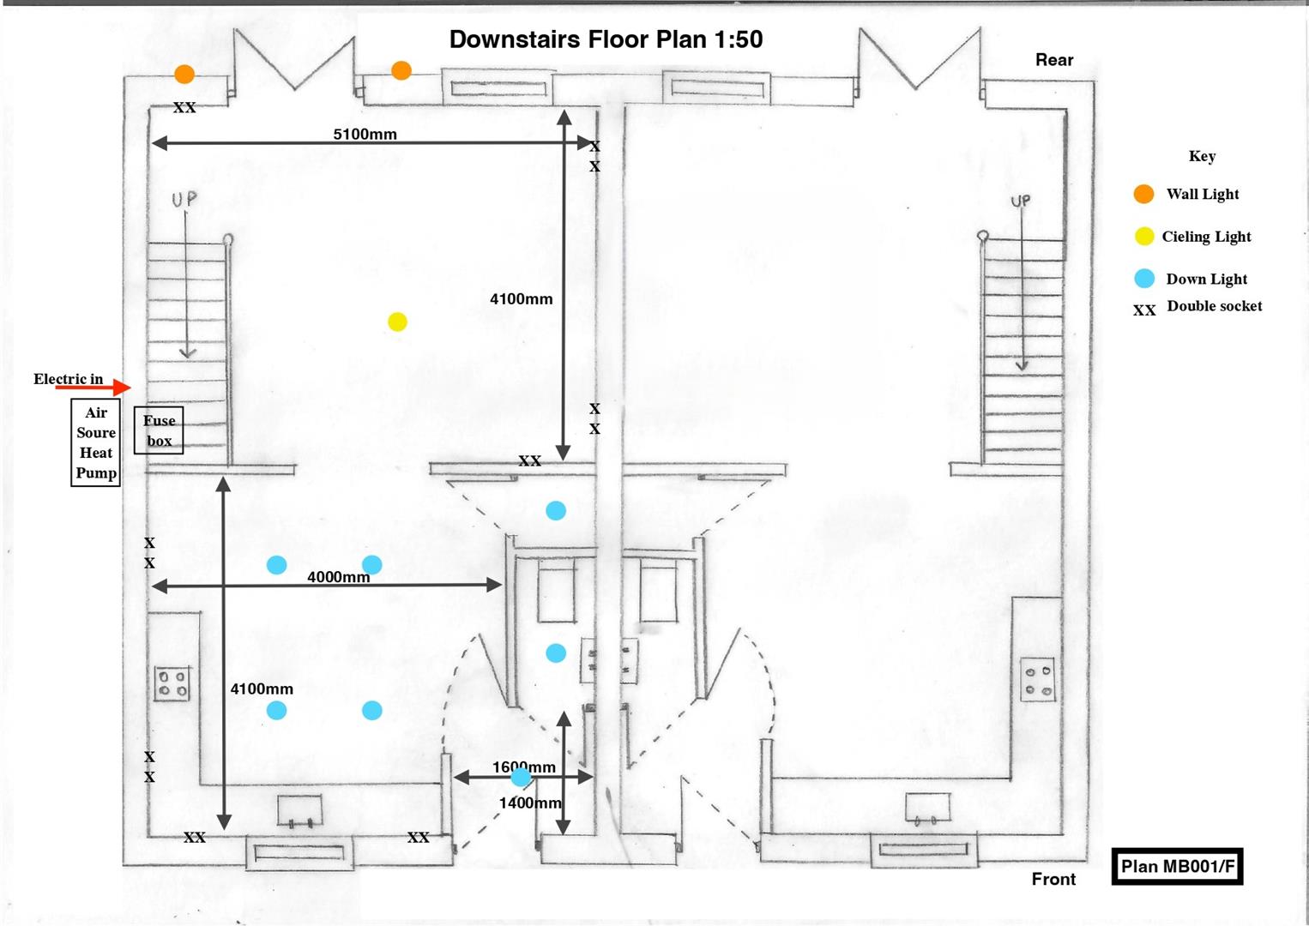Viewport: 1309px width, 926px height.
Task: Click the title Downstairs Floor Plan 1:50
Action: pos(606,39)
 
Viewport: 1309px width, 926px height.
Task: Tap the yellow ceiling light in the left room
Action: pos(397,322)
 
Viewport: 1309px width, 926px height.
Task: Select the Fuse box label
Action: pos(159,430)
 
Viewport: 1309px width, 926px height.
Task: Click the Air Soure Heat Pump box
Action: pos(95,442)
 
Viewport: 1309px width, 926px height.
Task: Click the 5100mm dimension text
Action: pos(365,135)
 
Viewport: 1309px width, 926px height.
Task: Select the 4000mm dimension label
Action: pos(338,577)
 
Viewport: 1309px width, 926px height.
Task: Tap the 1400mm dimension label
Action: pos(529,803)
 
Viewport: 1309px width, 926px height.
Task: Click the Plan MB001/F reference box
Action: pos(1177,867)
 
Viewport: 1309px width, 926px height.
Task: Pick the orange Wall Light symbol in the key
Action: pos(1143,194)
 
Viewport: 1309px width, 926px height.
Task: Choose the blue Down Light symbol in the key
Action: pos(1144,279)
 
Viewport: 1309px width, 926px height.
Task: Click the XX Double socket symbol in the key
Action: pos(1144,310)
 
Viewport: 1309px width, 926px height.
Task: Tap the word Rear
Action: pos(1053,60)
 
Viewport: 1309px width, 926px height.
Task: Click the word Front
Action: pos(1053,879)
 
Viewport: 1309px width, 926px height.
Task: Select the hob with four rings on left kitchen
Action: pos(172,683)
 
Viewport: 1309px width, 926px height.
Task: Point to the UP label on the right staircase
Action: pos(1020,201)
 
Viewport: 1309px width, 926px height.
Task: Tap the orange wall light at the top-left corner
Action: pos(184,75)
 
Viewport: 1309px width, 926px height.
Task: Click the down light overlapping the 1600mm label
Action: pos(521,778)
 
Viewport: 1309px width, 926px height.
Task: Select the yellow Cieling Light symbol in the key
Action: pos(1144,237)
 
